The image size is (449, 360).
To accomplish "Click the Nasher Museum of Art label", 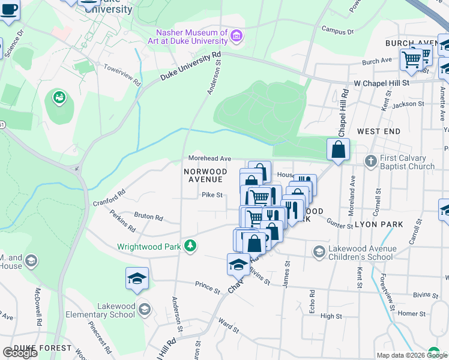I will pyautogui.click(x=191, y=37).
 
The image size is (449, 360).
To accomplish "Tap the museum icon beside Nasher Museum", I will pyautogui.click(x=237, y=37).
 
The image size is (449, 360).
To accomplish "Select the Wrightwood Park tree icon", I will pyautogui.click(x=190, y=245).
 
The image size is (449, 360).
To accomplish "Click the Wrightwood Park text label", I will pyautogui.click(x=150, y=246).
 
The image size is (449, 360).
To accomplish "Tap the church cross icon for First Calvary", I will pyautogui.click(x=370, y=161).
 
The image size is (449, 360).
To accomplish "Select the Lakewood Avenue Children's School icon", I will pyautogui.click(x=319, y=251).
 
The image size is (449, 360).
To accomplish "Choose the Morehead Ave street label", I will pyautogui.click(x=209, y=158).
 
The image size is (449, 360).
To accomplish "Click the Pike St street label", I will pyautogui.click(x=212, y=194).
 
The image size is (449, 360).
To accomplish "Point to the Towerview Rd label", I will pyautogui.click(x=122, y=74).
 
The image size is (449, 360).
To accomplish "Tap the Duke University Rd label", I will pyautogui.click(x=190, y=66).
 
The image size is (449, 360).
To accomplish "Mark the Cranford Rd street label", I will pyautogui.click(x=109, y=199).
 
